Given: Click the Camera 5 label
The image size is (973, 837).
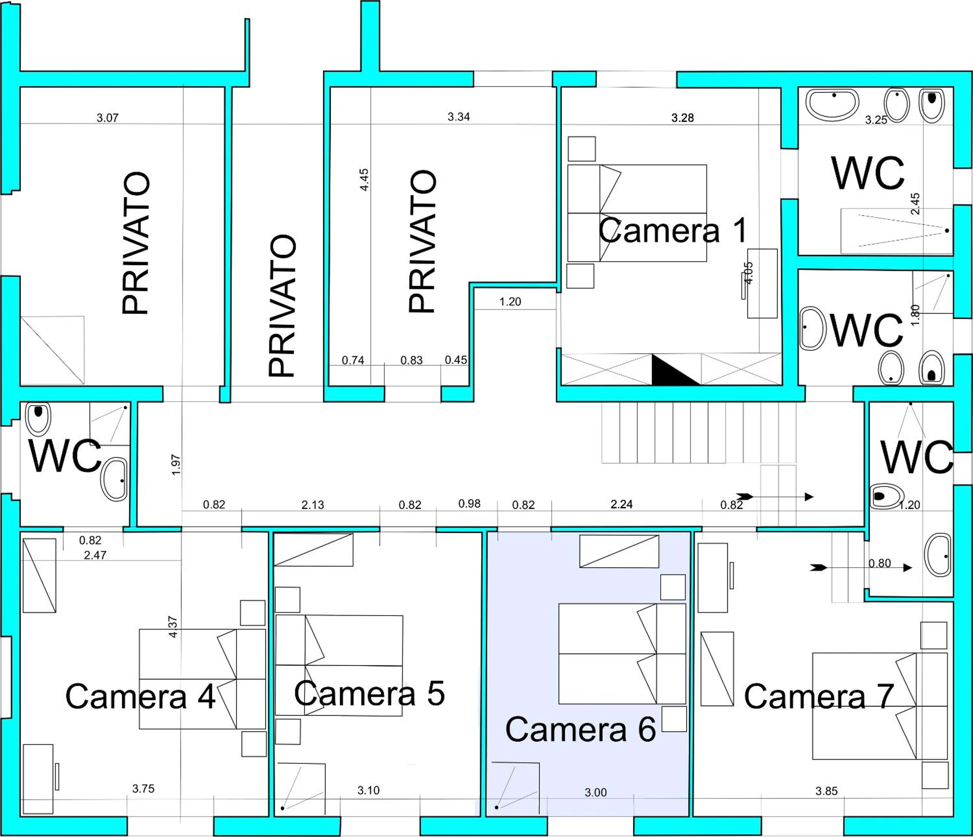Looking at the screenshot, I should click(369, 694).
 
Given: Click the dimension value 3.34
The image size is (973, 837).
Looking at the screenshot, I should click(458, 117).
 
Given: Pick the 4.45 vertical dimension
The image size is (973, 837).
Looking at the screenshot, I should click(364, 179).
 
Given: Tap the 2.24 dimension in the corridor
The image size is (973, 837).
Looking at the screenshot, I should click(621, 504).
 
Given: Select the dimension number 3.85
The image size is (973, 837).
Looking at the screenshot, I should click(826, 791).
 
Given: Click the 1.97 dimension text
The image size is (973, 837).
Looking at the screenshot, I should click(176, 465).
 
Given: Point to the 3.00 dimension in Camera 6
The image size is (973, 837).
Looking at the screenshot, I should click(595, 792).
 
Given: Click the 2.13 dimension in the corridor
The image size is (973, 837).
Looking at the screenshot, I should click(312, 505).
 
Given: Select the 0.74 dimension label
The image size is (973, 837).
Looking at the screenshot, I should click(353, 360).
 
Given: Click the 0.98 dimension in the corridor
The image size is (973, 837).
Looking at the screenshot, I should click(469, 504).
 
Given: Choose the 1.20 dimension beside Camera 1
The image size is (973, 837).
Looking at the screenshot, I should click(510, 302).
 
